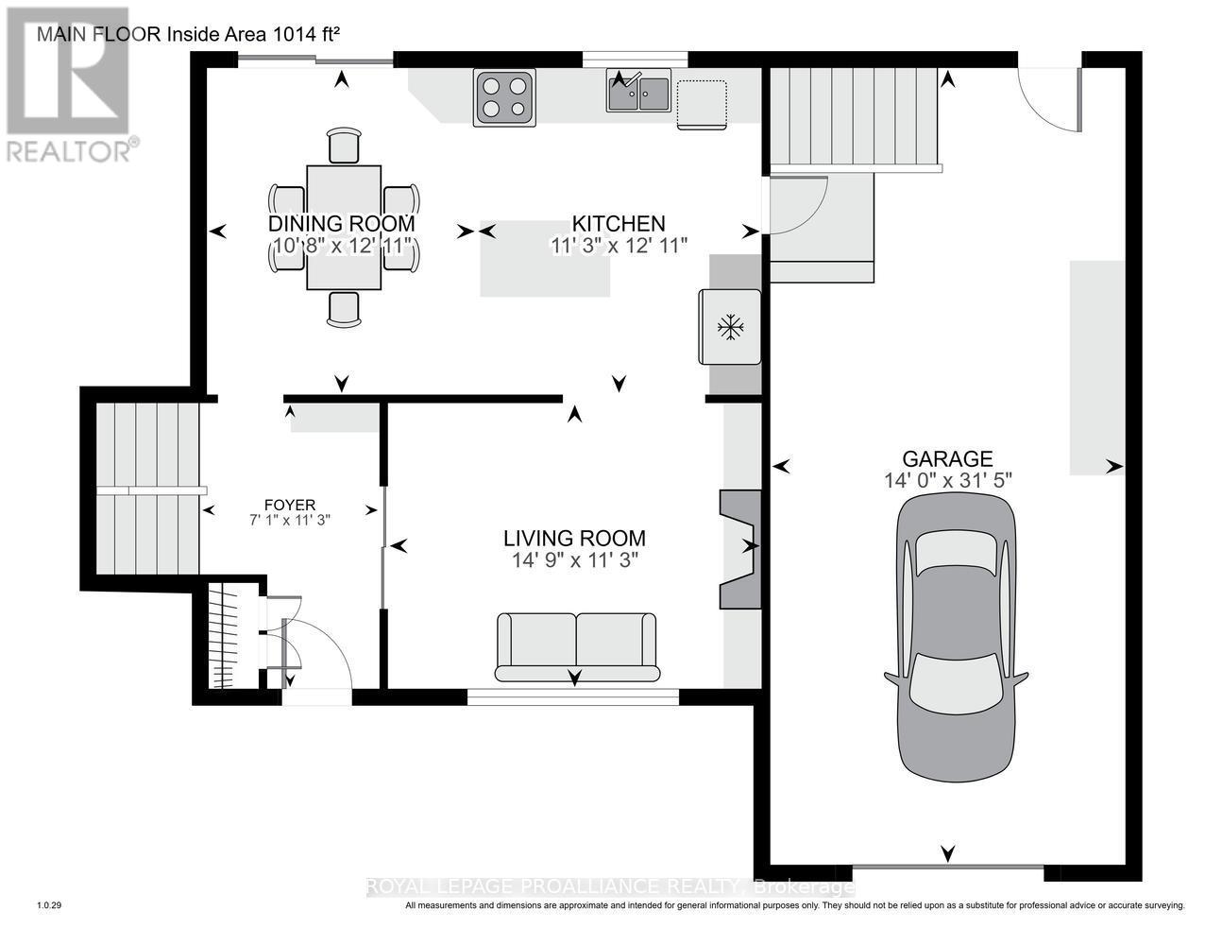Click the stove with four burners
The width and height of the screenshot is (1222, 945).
[503, 97]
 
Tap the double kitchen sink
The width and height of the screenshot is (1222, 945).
[639, 92]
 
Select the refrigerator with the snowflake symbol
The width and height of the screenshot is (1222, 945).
[729, 327]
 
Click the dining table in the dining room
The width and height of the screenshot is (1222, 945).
[344, 227]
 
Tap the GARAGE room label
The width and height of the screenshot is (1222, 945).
[947, 458]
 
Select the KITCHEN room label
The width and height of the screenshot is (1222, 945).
[619, 224]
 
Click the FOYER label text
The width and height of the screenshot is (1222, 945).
[290, 505]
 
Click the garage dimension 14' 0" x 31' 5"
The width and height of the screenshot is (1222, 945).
[947, 480]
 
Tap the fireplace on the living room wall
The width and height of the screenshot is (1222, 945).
[739, 548]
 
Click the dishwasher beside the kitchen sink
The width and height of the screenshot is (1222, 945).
[702, 104]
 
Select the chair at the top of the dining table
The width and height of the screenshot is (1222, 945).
[344, 146]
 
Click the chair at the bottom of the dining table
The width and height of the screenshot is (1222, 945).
[344, 308]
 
